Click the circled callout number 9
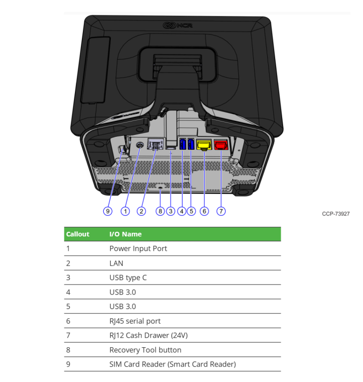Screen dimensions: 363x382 pyautogui.click(x=108, y=211)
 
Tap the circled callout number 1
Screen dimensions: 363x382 pyautogui.click(x=125, y=211)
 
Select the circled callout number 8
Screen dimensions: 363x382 pyautogui.click(x=160, y=211)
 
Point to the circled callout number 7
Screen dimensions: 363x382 pyautogui.click(x=221, y=211)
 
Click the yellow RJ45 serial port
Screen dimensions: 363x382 pyautogui.click(x=204, y=145)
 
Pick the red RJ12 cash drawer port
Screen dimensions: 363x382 pyautogui.click(x=221, y=145)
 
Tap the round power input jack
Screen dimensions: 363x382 pyautogui.click(x=140, y=145)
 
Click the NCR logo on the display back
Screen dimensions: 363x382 pyautogui.click(x=178, y=25)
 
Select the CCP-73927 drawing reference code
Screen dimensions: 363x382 pyautogui.click(x=336, y=214)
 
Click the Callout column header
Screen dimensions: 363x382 pyautogui.click(x=77, y=234)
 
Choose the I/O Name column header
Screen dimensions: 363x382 pyautogui.click(x=126, y=234)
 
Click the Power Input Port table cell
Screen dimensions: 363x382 pyautogui.click(x=138, y=249)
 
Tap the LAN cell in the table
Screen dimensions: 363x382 pyautogui.click(x=116, y=263)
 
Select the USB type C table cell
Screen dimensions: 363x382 pyautogui.click(x=128, y=278)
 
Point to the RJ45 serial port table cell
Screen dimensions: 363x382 pyautogui.click(x=135, y=321)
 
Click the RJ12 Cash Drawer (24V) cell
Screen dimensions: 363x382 pyautogui.click(x=148, y=335)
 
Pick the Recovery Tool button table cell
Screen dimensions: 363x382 pyautogui.click(x=145, y=350)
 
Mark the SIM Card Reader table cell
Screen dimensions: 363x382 pyautogui.click(x=173, y=364)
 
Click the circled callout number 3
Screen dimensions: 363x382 pyautogui.click(x=170, y=211)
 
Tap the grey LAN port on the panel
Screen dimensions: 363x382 pyautogui.click(x=156, y=144)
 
